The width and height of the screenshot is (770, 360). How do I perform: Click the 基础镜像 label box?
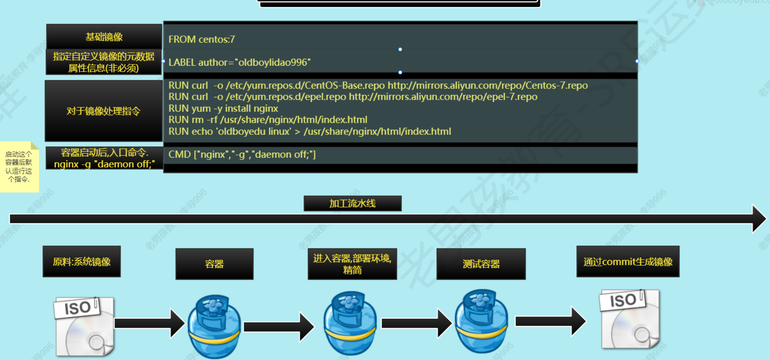[x=104, y=37]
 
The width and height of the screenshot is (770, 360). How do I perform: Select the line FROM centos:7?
[x=202, y=39]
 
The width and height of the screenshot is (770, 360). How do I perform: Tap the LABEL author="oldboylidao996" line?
[x=239, y=62]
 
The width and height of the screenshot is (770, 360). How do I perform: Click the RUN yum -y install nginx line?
[x=223, y=108]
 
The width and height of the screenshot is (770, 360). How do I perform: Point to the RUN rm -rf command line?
[x=268, y=120]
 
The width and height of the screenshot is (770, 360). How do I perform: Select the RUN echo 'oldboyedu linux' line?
[x=309, y=132]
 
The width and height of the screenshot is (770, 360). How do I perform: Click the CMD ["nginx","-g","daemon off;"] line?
[x=242, y=155]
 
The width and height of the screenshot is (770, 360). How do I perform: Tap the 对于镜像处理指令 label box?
[x=104, y=111]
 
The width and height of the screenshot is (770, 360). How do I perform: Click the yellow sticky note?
[x=19, y=167]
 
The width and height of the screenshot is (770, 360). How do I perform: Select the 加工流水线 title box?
[x=352, y=203]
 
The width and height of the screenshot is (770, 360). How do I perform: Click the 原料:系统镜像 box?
[x=82, y=262]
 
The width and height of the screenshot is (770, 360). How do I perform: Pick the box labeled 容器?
[x=214, y=264]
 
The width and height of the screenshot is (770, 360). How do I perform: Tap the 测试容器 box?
[x=481, y=264]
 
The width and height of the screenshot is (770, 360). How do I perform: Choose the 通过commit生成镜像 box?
[x=628, y=262]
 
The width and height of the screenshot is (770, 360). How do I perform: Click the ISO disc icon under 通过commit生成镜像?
[x=630, y=319]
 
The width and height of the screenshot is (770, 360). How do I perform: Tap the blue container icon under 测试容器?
[x=481, y=323]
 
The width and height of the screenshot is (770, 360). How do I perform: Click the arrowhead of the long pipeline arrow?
[x=759, y=219]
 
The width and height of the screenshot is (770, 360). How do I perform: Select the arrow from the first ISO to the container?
[x=149, y=323]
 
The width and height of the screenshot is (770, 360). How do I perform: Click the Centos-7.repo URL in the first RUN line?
[x=487, y=86]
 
